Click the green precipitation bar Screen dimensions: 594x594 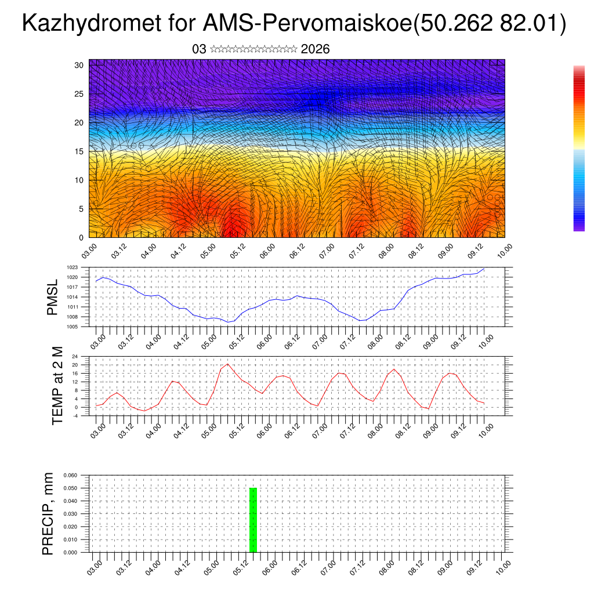coord(253,520)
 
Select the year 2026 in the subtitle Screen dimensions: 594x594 coord(316,49)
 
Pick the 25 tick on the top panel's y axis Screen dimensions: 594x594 coord(79,94)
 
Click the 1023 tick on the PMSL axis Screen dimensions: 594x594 coord(72,267)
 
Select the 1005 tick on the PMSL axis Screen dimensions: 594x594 coord(72,327)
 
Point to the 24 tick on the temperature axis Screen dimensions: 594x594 coord(75,356)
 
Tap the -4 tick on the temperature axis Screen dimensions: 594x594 coord(75,415)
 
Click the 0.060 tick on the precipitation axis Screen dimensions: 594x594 coord(70,475)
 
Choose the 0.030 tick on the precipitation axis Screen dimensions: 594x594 coord(70,514)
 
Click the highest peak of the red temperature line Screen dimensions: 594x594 coord(228,364)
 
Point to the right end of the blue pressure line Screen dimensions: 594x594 coord(484,269)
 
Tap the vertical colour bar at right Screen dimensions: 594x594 coord(579,148)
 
